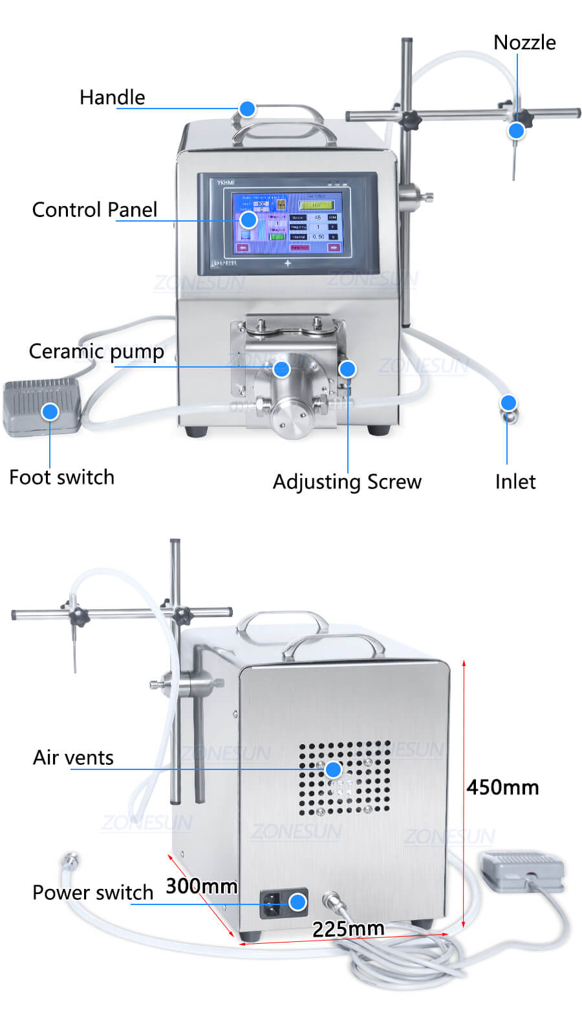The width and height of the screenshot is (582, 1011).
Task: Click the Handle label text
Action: point(112,98)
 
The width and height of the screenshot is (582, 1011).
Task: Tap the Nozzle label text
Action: point(524,43)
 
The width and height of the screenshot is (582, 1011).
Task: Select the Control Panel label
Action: point(94,210)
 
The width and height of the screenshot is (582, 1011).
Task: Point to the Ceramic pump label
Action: point(96,351)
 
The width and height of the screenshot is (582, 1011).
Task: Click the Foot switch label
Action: point(61,477)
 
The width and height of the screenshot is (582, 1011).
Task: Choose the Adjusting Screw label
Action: point(347,482)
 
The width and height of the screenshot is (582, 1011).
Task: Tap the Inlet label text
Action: point(515,482)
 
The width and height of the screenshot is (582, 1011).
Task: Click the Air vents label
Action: point(73,758)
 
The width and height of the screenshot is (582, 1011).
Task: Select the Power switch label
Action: point(92,893)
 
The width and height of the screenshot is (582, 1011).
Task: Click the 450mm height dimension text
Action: point(502,787)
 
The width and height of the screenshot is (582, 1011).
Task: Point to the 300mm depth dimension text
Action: point(201,886)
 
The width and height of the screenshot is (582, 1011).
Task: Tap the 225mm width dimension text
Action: point(348,929)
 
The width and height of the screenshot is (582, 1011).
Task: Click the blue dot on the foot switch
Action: point(50,412)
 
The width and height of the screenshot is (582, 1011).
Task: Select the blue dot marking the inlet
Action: point(509,403)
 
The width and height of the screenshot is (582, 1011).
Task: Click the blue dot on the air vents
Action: point(333,769)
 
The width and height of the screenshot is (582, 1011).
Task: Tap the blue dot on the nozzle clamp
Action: point(516,130)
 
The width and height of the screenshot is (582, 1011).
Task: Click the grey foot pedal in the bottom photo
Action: point(521,871)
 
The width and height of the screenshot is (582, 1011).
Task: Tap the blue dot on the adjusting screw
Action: point(348,369)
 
